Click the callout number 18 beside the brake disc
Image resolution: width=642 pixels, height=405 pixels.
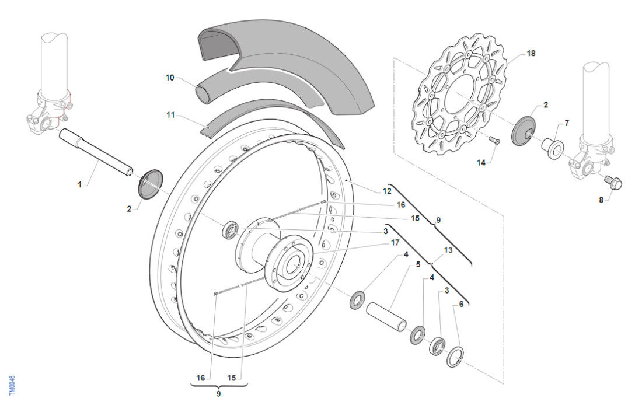point(531,53)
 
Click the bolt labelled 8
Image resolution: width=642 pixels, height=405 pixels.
point(613,183)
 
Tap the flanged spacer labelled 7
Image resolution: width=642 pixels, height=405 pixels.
point(552,144)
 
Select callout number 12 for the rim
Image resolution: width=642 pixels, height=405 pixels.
point(387,191)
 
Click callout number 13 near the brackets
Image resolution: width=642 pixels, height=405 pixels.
point(448,250)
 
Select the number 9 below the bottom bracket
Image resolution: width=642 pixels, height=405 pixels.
point(219,394)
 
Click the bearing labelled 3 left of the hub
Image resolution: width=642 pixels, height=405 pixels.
point(230,229)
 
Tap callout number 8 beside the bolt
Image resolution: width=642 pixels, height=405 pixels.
point(602,200)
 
